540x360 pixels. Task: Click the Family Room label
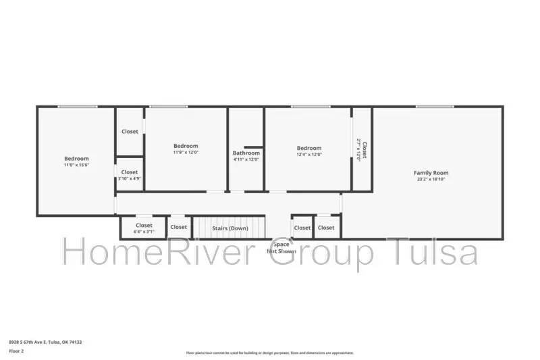pos(431,173)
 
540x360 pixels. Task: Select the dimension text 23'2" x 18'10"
pos(431,180)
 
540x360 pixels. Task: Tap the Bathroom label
pos(246,153)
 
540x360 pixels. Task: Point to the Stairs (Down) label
pos(230,228)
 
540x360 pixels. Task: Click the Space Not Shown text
pos(281,247)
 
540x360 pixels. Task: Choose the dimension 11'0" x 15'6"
pos(76,165)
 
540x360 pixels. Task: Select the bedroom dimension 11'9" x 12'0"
pos(186,153)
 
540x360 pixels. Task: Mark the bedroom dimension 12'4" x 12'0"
pos(309,154)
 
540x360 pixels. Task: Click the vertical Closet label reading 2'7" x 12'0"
pos(362,149)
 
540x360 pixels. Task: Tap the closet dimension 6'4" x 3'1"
pos(144,232)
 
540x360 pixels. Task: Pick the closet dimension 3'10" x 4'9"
pos(130,179)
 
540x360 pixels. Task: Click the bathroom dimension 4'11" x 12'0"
pos(246,159)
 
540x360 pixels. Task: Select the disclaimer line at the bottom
pos(269,353)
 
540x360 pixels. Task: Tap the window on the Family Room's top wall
pos(434,107)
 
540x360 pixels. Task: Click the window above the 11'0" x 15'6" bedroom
pos(77,107)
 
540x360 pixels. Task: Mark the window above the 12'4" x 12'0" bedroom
pos(310,107)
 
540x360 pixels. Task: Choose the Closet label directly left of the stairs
pos(178,227)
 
